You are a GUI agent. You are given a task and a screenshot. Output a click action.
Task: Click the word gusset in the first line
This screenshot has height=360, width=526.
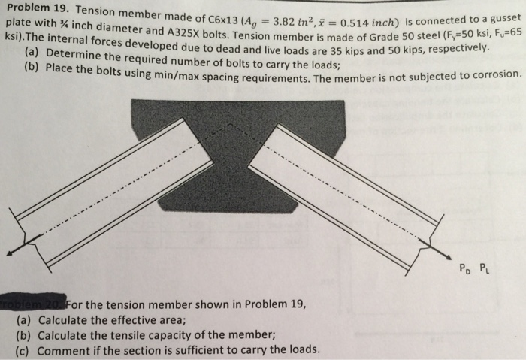(502, 16)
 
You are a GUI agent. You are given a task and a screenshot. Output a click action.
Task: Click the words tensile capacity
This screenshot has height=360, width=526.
(124, 335)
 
